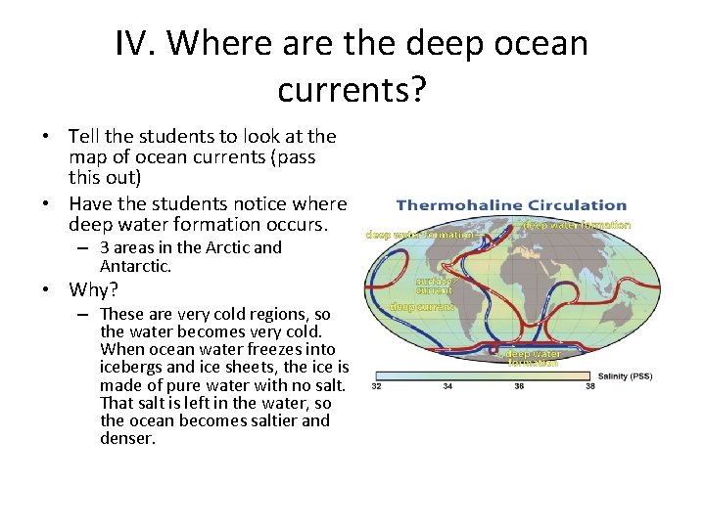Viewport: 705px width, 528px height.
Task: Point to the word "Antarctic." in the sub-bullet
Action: [x=135, y=266]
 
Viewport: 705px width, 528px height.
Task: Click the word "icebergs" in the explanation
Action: [x=131, y=367]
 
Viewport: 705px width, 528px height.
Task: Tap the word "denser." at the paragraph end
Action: [x=127, y=438]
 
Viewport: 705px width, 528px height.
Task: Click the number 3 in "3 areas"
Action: [x=105, y=248]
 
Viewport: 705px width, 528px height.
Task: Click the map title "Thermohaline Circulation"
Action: [x=511, y=205]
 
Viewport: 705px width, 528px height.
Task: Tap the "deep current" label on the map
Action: [x=421, y=307]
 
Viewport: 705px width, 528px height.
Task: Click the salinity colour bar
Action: [x=482, y=374]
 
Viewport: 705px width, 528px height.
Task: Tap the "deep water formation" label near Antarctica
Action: [x=534, y=358]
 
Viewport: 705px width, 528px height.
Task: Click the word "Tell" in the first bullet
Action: [x=85, y=136]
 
